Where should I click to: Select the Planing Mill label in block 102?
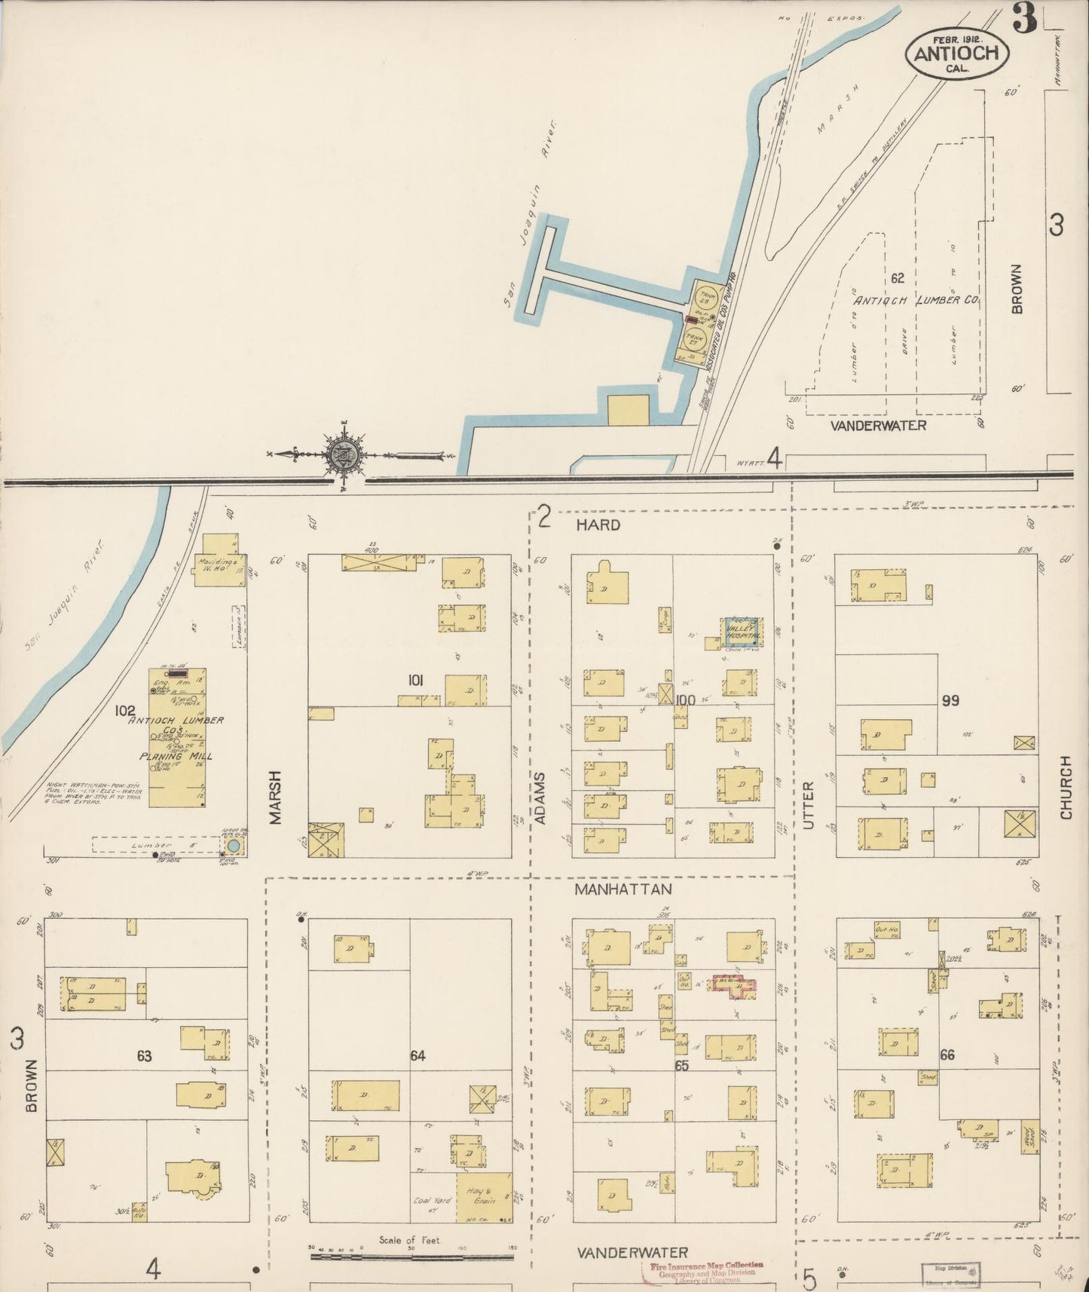tap(175, 756)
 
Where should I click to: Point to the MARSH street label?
tap(276, 797)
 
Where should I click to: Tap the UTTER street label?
tap(809, 805)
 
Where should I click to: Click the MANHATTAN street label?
tap(623, 889)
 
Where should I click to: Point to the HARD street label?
tap(598, 525)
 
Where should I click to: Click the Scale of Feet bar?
tap(411, 1257)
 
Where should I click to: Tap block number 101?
tap(414, 681)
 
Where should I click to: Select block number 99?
tap(950, 701)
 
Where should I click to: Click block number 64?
tap(418, 1056)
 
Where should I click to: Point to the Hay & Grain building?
tap(484, 1198)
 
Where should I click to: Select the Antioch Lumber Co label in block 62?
tap(916, 300)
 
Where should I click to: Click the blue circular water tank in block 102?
tap(234, 846)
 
